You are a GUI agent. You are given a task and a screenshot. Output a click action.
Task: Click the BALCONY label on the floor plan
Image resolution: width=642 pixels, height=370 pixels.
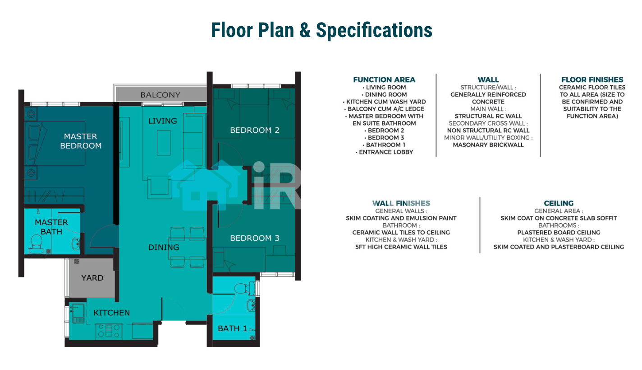point(160,95)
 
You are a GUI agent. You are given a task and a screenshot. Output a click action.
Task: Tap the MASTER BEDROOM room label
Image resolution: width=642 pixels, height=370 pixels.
point(81,141)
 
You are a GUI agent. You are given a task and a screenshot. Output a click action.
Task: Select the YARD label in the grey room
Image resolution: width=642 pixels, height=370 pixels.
point(92,278)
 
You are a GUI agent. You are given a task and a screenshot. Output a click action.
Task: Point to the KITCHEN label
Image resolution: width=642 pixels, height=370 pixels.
point(112,313)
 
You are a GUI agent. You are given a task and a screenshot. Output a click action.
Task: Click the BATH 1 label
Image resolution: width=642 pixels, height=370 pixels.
point(232,328)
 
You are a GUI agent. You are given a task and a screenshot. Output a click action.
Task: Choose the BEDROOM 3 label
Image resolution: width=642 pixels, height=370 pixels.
point(255,238)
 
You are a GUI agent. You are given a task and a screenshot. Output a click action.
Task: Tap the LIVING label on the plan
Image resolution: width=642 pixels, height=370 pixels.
point(162,121)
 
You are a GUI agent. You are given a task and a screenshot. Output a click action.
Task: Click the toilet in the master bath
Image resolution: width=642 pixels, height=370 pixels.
point(37,244)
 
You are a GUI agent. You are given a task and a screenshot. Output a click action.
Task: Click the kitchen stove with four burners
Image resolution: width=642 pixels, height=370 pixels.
point(109,331)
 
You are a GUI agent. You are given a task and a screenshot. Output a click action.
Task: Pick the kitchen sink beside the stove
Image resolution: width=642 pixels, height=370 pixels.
point(78,314)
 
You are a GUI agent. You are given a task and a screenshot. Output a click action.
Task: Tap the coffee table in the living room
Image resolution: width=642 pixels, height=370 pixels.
point(164,143)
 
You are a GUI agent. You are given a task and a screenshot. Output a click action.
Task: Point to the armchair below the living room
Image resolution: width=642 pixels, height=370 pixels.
point(159,188)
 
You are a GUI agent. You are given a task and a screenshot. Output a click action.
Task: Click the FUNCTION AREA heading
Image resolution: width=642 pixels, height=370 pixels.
point(384,80)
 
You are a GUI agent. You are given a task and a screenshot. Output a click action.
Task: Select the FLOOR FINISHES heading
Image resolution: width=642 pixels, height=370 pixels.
point(592,80)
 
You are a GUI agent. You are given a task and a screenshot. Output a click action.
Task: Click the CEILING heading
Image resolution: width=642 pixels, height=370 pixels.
point(559,203)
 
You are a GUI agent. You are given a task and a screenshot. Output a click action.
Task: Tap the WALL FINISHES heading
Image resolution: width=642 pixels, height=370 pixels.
point(401,203)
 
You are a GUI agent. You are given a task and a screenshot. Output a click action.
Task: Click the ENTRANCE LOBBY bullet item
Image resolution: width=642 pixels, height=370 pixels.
point(384,152)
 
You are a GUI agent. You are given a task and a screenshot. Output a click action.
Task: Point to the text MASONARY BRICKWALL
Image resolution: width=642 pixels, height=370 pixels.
point(488,145)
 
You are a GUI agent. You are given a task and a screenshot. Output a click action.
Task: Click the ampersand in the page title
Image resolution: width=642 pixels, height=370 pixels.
point(305,30)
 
